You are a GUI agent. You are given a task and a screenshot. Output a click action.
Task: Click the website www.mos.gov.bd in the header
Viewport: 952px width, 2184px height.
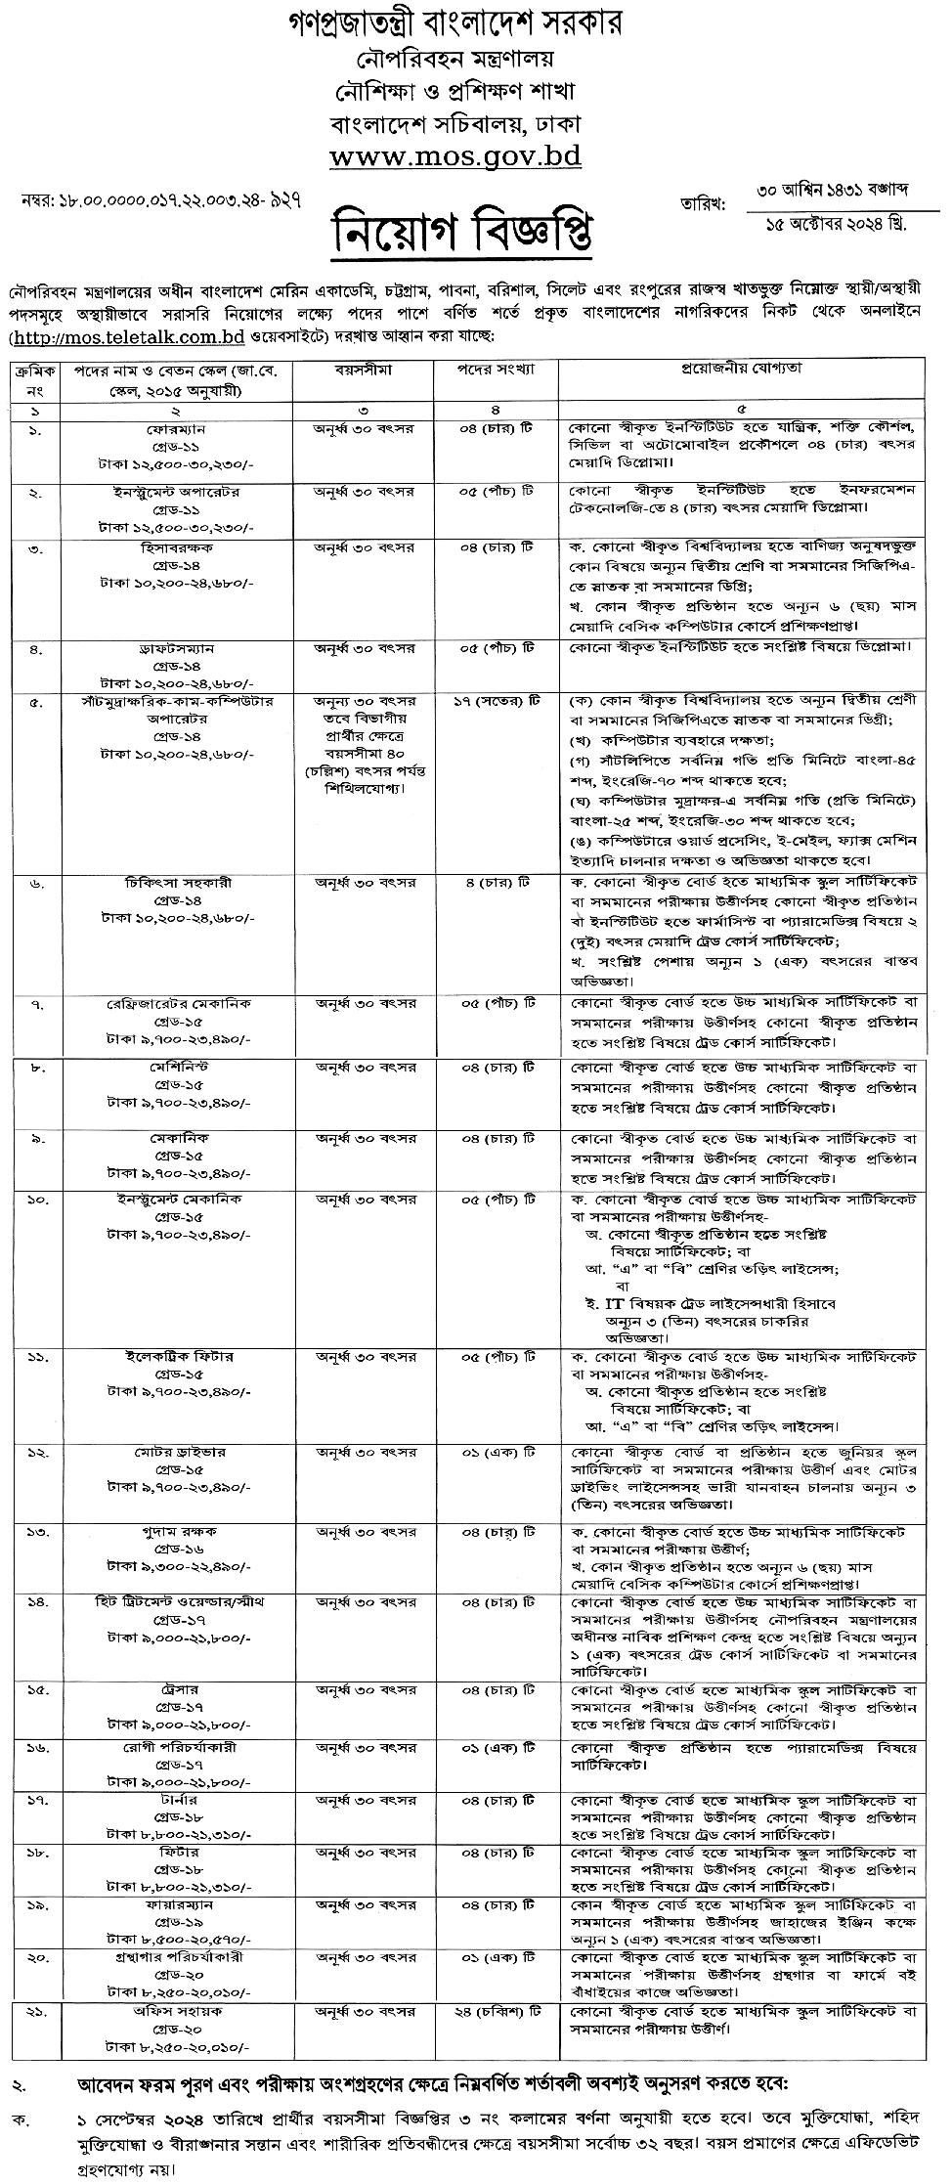[x=455, y=156]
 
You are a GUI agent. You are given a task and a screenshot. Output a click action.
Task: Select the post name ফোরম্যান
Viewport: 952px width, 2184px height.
[x=176, y=429]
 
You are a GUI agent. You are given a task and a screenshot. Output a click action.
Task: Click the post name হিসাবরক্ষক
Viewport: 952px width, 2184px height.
[x=176, y=550]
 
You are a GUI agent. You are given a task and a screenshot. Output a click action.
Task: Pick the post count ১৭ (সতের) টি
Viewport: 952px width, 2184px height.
[x=498, y=701]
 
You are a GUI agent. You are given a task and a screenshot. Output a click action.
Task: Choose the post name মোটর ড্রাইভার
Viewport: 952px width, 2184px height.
[x=176, y=1454]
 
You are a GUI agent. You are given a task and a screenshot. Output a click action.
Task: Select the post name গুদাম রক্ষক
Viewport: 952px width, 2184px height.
[x=176, y=1530]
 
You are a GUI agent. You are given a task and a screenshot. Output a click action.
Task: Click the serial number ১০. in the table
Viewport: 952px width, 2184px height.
[x=35, y=1199]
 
